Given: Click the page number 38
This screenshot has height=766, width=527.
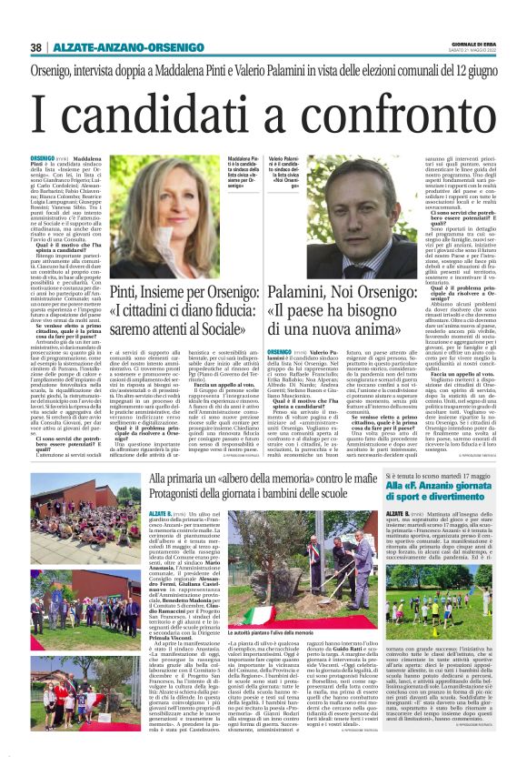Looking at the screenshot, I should tap(35, 47).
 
